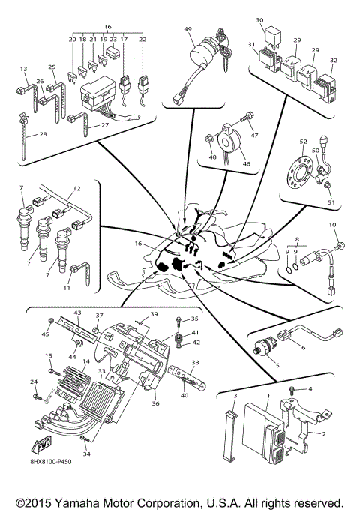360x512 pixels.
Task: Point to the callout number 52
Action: (x=304, y=142)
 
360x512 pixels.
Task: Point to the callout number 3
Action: (x=234, y=395)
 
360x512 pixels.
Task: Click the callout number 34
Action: (x=86, y=454)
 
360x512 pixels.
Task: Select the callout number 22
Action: (x=142, y=39)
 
